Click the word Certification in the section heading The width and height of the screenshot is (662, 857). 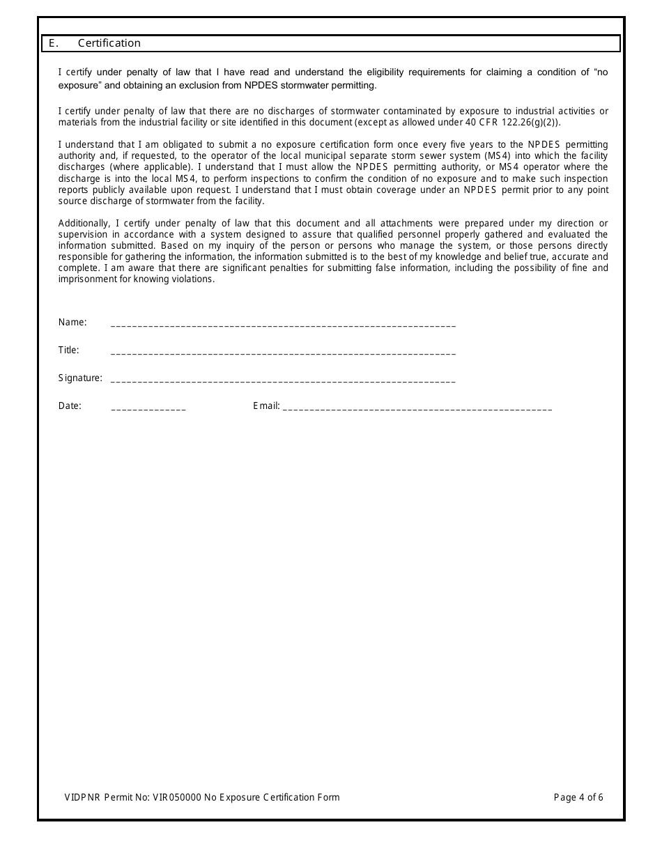tap(109, 43)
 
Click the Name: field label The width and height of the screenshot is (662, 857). tap(72, 323)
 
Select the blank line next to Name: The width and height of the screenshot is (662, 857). tap(283, 325)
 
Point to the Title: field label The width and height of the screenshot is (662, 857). tap(68, 350)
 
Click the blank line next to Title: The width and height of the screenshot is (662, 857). tap(283, 353)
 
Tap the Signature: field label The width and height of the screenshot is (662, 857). tap(80, 378)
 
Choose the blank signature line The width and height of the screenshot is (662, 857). tap(283, 380)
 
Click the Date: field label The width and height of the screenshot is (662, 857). tap(70, 406)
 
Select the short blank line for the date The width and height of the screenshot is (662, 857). tap(148, 408)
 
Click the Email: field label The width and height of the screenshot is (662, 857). tap(266, 406)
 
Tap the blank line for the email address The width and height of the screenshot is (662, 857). tap(417, 408)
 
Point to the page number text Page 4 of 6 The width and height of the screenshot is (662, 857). tap(578, 798)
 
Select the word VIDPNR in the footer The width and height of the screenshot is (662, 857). tap(82, 798)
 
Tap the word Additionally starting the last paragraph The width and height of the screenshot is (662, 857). tap(84, 224)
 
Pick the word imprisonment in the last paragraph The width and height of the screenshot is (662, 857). tap(86, 279)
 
